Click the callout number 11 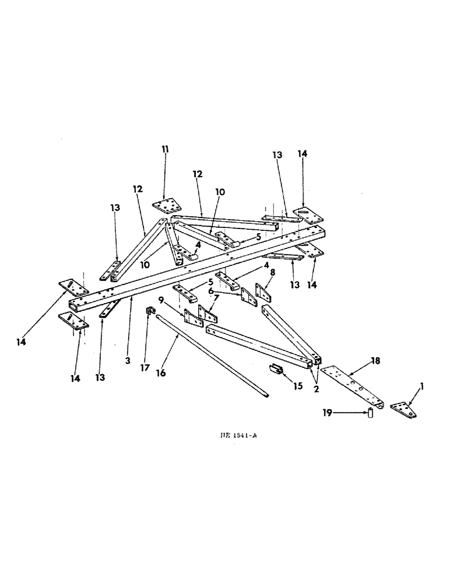pyautogui.click(x=165, y=149)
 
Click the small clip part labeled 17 pyautogui.click(x=149, y=310)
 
